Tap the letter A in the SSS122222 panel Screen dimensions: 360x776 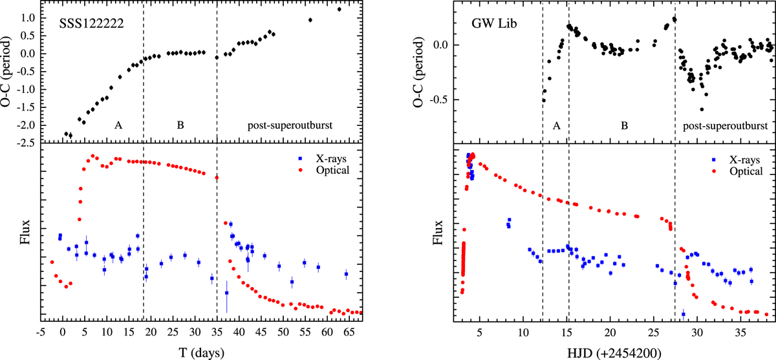click(x=118, y=125)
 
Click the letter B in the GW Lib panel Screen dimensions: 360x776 click(x=623, y=125)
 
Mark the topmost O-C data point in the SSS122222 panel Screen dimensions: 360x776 click(x=339, y=9)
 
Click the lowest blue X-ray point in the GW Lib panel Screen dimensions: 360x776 click(x=684, y=314)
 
